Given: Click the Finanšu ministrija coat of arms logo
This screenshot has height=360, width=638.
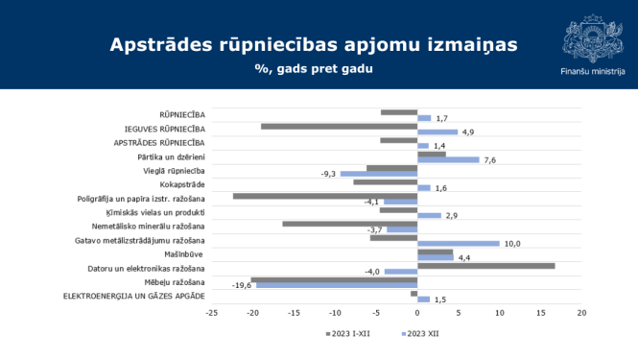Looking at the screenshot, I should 591,38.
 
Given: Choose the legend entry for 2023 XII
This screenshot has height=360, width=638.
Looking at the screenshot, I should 418,334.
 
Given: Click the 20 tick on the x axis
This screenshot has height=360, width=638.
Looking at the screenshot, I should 581,313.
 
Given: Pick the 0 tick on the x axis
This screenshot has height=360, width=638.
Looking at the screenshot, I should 417,313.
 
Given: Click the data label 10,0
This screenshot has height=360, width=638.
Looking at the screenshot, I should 513,244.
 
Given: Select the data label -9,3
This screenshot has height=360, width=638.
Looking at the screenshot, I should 328,174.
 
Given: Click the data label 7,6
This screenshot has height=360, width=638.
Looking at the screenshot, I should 490,160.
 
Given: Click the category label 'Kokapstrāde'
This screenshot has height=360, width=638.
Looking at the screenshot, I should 182,184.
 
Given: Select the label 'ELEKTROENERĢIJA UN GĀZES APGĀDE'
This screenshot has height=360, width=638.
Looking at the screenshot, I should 134,295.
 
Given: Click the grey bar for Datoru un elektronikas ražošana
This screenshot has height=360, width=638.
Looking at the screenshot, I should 486,266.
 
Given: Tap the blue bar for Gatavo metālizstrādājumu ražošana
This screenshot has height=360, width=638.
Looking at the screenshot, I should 459,244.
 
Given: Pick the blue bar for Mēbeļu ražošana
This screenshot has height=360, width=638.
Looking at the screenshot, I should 337,285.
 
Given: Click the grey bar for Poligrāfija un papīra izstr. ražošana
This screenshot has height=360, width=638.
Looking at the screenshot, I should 325,196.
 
